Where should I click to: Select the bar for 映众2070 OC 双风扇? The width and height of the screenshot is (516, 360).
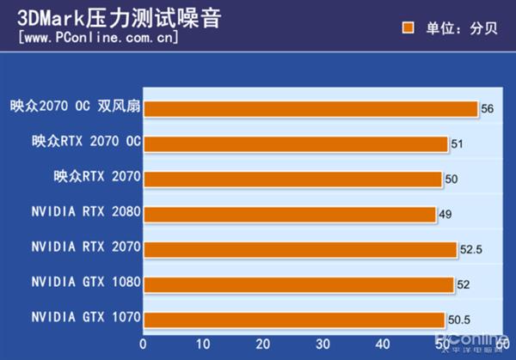tap(310, 108)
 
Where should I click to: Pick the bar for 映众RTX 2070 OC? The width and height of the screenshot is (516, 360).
tap(295, 143)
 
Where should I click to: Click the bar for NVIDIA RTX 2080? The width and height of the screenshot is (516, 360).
tap(290, 214)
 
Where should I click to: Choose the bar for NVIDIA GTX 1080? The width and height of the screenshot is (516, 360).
tap(298, 284)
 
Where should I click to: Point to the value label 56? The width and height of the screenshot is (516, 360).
tap(488, 109)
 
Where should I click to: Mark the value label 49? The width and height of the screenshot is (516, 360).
tap(445, 214)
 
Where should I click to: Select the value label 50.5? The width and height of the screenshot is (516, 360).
tap(460, 320)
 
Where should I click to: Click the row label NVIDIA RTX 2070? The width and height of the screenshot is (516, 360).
tap(85, 247)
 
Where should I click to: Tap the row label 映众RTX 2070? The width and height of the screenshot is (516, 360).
tap(96, 177)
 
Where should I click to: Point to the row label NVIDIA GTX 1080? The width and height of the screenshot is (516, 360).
tap(85, 282)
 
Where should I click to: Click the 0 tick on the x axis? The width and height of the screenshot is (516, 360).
tap(144, 344)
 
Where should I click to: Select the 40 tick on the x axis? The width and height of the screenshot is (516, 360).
tap(383, 344)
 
